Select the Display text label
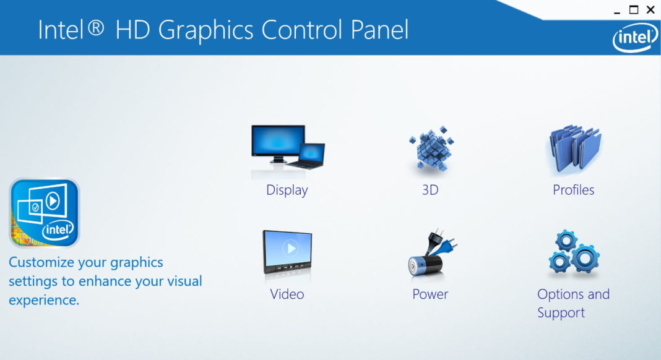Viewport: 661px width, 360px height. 287,190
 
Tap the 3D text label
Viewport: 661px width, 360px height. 430,190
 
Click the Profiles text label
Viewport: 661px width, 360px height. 574,190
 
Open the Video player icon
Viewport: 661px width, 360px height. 287,252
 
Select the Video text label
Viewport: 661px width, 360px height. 287,294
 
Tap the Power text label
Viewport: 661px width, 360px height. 430,294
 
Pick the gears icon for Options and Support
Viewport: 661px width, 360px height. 574,253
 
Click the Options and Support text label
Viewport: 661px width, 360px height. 573,303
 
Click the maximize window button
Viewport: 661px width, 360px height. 634,10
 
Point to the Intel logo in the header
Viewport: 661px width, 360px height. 634,38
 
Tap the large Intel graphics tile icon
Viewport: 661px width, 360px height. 44,213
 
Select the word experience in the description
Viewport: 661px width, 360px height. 43,301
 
